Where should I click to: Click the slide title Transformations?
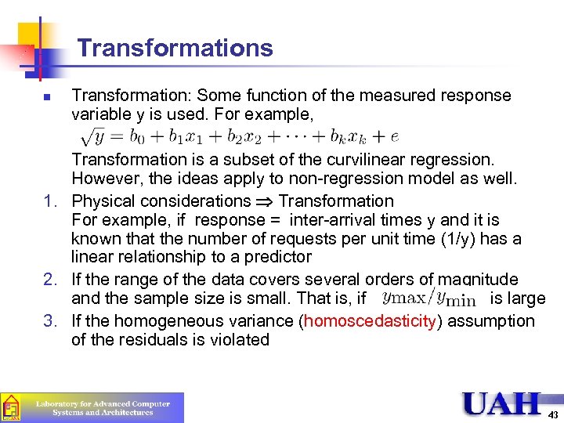click(175, 48)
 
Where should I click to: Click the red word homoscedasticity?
click(369, 320)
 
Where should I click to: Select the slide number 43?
click(553, 414)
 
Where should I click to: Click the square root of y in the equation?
click(98, 136)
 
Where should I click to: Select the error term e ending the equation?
click(394, 136)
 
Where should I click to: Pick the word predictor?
click(271, 258)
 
